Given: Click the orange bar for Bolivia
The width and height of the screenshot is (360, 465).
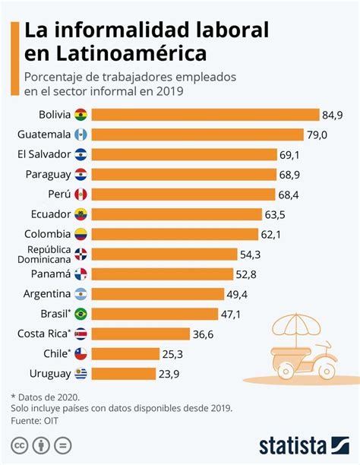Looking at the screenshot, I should tap(205, 115).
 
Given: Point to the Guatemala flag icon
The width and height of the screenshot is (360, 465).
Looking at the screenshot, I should tap(81, 134).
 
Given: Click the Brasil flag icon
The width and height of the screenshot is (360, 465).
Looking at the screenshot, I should tap(81, 313).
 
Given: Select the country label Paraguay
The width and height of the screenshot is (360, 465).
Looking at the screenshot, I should tap(48, 174).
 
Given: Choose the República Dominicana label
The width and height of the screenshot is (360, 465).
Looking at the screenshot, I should tap(48, 254).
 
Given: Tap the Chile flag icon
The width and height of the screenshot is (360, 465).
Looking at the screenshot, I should tap(81, 353).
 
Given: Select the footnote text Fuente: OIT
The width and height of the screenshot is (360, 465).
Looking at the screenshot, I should tap(36, 421).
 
